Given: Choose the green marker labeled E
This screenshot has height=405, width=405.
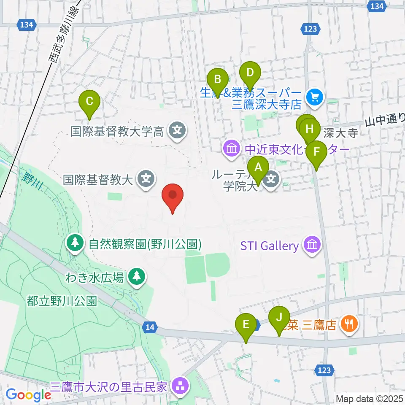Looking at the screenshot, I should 246,325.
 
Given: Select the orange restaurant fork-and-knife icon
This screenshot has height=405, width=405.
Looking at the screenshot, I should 348,324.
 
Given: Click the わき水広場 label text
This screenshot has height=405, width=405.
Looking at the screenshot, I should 94,278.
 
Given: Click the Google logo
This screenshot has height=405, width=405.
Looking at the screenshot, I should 29,394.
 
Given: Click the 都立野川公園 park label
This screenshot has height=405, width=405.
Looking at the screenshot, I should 62,301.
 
